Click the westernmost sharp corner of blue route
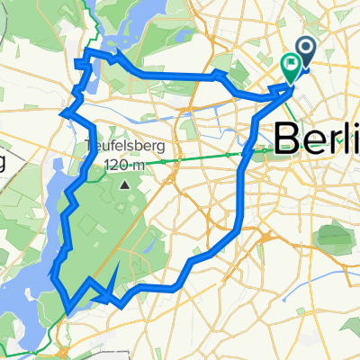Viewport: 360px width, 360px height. point(61,113)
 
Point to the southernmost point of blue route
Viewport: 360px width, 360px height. point(68,313)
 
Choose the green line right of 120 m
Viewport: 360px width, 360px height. point(198,161)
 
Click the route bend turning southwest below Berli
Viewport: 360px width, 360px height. point(236,232)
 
